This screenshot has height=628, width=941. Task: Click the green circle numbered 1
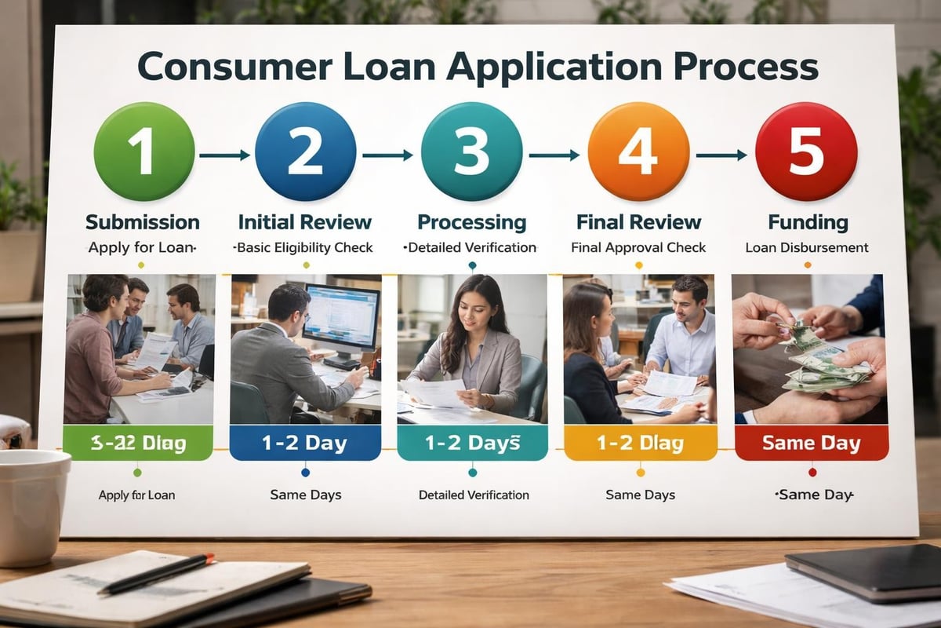144,152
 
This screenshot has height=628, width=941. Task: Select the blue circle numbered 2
306,152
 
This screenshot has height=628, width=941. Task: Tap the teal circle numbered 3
471,152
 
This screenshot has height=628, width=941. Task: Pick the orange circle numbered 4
638,152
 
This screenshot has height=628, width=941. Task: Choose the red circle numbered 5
805,152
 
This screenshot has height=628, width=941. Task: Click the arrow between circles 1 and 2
224,155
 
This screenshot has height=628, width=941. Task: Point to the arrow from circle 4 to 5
721,155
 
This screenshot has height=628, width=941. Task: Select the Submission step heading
143,222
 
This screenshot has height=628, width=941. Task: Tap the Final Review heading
638,222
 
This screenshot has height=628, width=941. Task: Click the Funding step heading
808,222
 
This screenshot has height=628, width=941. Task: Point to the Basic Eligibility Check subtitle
304,248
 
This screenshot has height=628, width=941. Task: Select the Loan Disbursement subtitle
807,248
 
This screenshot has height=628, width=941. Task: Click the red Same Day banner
812,444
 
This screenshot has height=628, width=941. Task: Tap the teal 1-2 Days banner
472,444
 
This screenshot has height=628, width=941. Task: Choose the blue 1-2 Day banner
305,444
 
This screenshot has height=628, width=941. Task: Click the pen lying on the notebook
156,574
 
